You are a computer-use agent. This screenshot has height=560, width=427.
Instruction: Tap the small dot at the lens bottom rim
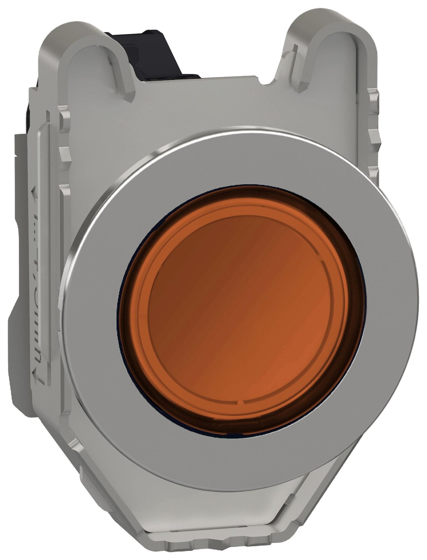(241, 403)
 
